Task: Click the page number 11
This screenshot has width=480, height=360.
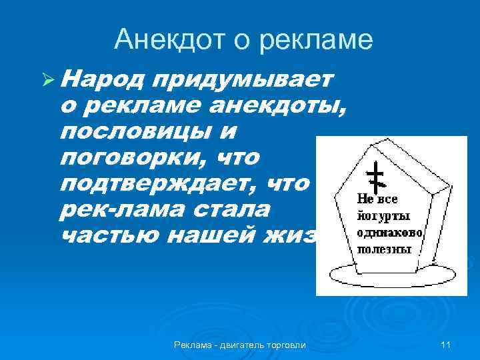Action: click(x=446, y=345)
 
